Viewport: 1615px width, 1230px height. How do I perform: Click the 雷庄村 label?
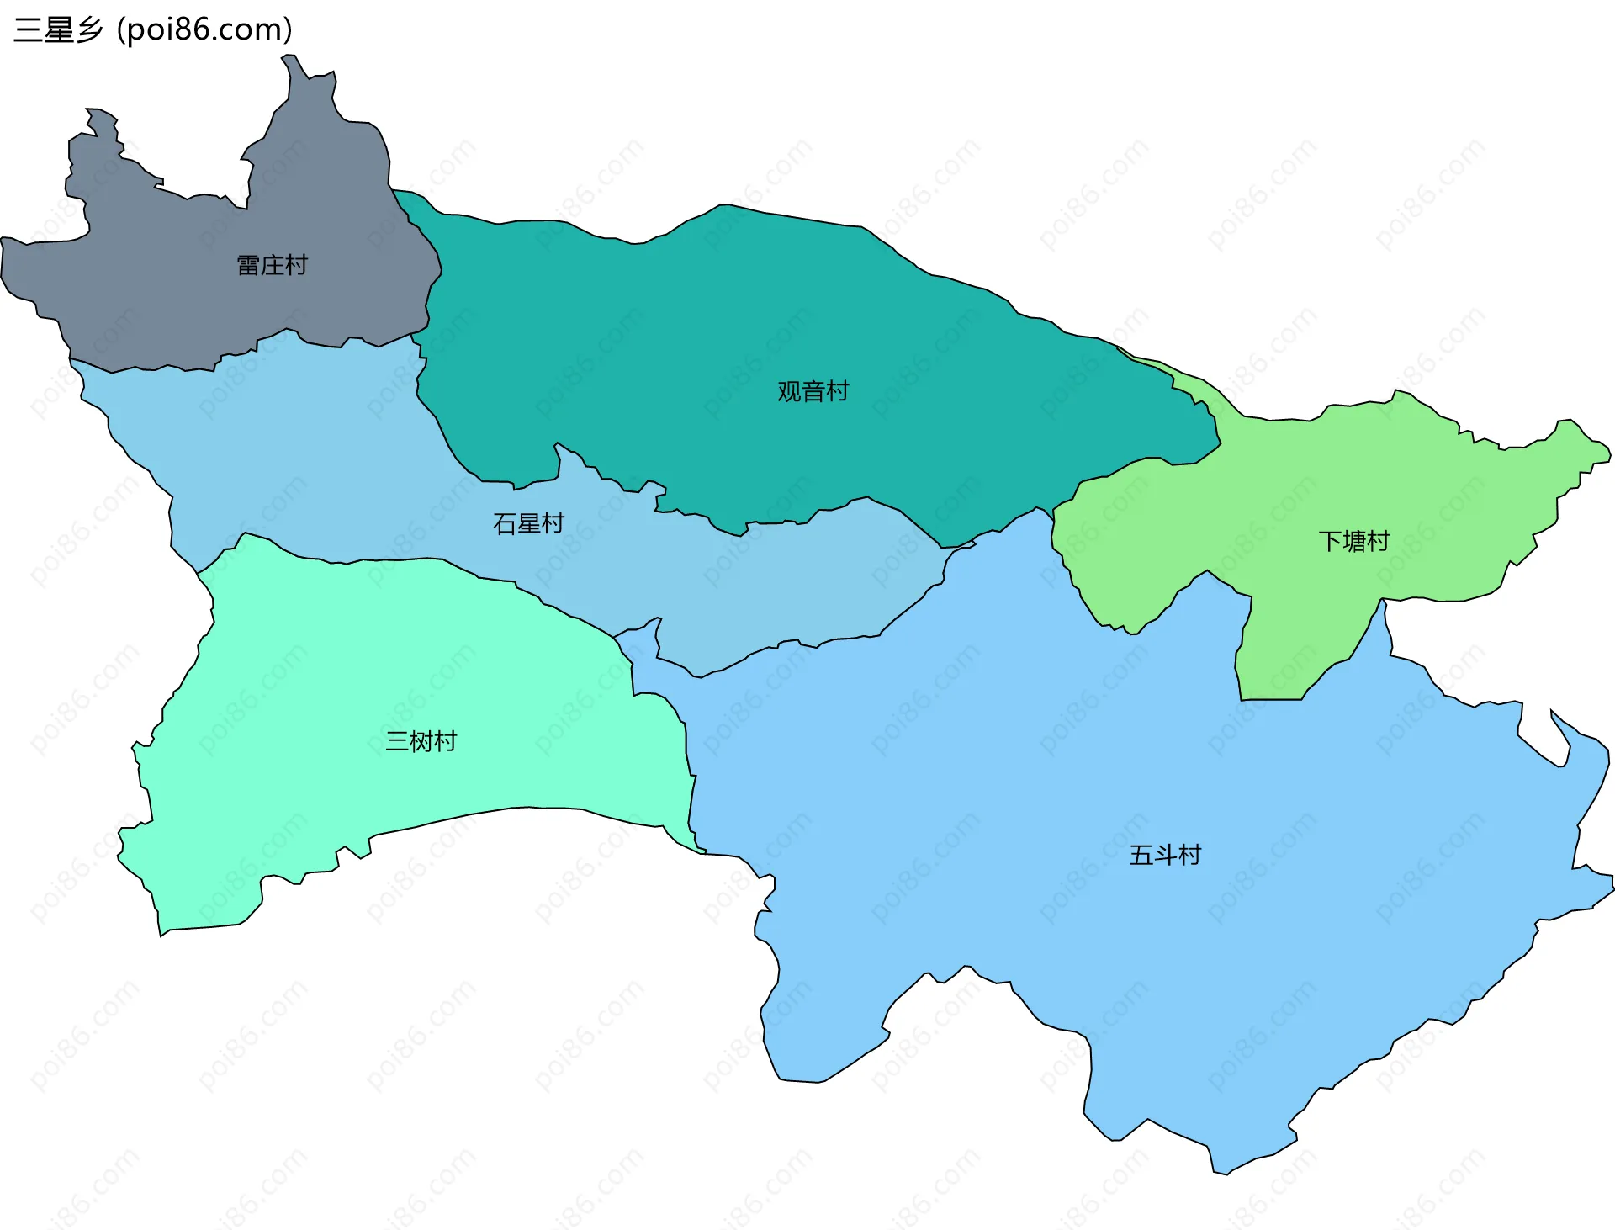[272, 266]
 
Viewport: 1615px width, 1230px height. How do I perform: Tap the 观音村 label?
[813, 391]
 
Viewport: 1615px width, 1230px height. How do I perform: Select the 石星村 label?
[528, 524]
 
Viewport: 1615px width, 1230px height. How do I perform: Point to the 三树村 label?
[421, 741]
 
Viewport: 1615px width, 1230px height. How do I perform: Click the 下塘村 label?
[1353, 541]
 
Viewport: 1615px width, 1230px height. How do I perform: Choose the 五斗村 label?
[1165, 856]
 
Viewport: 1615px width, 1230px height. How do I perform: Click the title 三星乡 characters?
[58, 30]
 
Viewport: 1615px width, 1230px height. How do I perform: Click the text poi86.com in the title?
[204, 30]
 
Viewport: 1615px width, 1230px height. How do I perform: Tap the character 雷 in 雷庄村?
[248, 266]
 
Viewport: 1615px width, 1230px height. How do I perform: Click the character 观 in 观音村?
[789, 391]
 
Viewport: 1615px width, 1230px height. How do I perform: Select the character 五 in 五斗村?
[1141, 856]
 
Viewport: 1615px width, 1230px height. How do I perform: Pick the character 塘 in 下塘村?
[1353, 541]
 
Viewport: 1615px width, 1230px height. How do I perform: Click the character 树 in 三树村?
[421, 741]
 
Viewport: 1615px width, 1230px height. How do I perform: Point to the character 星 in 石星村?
[528, 524]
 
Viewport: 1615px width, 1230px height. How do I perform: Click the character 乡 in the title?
[89, 30]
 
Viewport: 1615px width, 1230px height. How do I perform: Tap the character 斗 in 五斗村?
[1165, 856]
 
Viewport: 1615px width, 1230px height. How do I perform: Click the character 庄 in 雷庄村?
[272, 266]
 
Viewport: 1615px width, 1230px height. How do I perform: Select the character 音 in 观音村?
[813, 391]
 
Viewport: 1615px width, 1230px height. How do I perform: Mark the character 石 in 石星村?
[505, 524]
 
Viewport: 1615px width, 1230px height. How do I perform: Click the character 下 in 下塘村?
[1330, 541]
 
